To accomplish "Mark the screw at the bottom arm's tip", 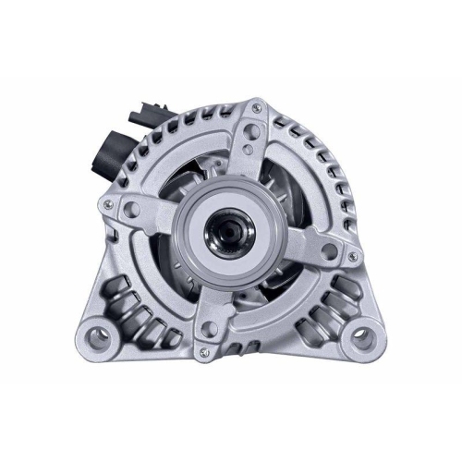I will [x=208, y=328].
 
